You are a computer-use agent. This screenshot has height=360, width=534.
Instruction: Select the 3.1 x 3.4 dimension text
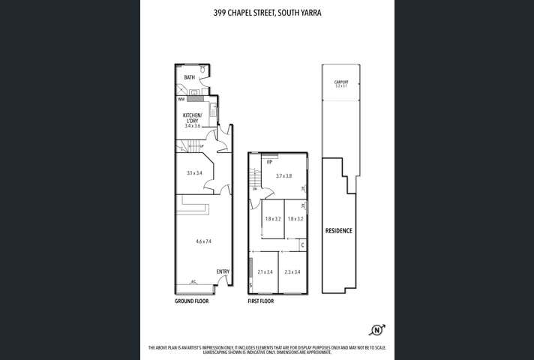pyautogui.click(x=194, y=172)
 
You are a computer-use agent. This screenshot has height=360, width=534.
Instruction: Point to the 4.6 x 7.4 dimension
pyautogui.click(x=203, y=241)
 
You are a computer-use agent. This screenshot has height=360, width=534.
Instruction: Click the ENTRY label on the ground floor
pyautogui.click(x=223, y=271)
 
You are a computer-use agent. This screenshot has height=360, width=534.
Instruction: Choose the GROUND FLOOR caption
pyautogui.click(x=191, y=301)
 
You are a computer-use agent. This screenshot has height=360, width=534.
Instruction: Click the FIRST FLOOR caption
pyautogui.click(x=260, y=301)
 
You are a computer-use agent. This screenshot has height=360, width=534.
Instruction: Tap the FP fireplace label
pyautogui.click(x=268, y=162)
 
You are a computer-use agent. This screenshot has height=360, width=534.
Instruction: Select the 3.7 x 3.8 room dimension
pyautogui.click(x=283, y=175)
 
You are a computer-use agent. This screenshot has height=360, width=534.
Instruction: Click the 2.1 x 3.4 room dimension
pyautogui.click(x=265, y=272)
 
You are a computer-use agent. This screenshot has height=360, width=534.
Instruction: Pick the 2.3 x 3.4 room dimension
pyautogui.click(x=292, y=272)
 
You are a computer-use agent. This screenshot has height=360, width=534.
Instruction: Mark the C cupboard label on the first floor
pyautogui.click(x=301, y=244)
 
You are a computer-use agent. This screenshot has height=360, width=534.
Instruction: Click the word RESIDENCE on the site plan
pyautogui.click(x=338, y=230)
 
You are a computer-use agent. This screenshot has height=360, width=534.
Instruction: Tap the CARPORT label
pyautogui.click(x=341, y=82)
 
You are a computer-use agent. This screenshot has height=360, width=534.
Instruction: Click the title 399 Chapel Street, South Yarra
pyautogui.click(x=266, y=12)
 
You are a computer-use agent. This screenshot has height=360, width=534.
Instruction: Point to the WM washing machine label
pyautogui.click(x=181, y=99)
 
